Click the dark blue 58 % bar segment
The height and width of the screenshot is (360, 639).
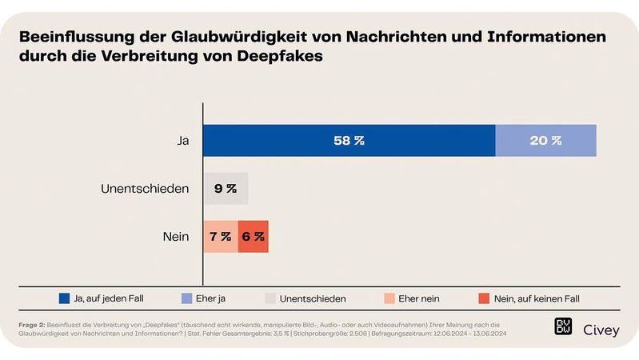pos(349,141)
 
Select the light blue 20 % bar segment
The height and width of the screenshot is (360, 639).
pos(545,141)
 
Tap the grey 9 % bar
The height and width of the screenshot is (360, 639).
pos(225,189)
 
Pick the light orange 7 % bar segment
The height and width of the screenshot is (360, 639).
pos(220,237)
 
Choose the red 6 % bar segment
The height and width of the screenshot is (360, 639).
pos(253,237)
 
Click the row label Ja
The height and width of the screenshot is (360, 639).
pos(182,141)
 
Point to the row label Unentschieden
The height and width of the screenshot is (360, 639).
pos(145,189)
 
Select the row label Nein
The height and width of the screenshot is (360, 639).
pos(175,237)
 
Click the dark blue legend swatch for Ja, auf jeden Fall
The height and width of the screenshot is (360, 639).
pos(65,298)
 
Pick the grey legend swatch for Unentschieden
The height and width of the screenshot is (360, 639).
pos(270,298)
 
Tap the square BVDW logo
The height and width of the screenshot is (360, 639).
pos(563,327)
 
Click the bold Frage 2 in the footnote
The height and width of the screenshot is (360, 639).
pos(32,323)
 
